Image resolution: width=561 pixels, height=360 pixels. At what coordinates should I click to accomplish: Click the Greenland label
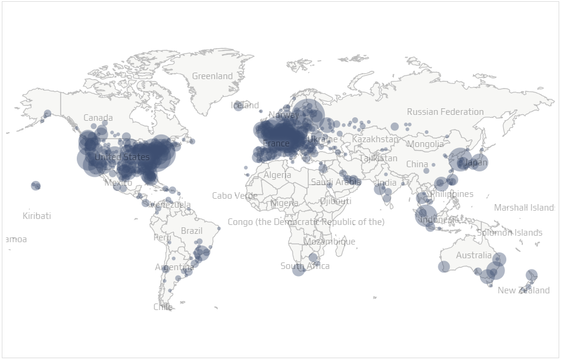(212, 76)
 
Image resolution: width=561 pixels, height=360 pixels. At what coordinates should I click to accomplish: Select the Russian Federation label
(445, 112)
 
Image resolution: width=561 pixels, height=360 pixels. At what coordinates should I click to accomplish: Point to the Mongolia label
(425, 144)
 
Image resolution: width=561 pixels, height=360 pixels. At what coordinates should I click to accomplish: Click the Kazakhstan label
(375, 139)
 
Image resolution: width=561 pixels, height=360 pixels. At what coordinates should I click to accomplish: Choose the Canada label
(98, 118)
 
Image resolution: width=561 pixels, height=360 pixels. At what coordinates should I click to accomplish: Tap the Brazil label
(192, 231)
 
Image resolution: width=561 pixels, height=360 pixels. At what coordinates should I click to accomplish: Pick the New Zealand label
(524, 290)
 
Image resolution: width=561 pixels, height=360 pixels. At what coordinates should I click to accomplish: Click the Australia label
(474, 256)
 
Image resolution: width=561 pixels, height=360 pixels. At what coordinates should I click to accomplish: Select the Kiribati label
(37, 216)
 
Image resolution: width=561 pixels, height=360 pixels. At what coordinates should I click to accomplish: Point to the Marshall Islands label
(524, 208)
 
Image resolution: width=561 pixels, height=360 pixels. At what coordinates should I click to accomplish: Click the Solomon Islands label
(509, 233)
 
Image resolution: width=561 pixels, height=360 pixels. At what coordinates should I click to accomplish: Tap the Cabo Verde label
(234, 196)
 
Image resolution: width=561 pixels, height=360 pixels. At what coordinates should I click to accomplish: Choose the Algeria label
(277, 175)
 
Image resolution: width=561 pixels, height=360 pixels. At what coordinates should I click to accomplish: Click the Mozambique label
(329, 242)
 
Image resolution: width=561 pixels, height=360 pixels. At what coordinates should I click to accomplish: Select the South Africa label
(305, 266)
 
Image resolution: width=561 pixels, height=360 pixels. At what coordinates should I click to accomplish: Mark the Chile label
(162, 307)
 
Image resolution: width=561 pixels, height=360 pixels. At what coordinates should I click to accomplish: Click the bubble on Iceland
(238, 106)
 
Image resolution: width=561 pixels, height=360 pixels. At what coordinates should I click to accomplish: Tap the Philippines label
(452, 194)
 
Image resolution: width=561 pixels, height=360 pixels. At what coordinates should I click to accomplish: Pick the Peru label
(162, 237)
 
